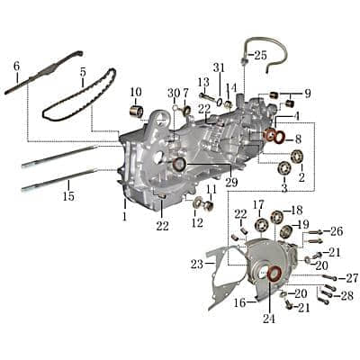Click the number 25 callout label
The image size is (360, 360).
coord(260,55)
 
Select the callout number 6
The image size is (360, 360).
coord(16,66)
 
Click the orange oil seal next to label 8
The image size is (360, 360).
coord(271,136)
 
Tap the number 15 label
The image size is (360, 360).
coord(67,195)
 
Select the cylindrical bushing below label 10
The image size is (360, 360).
coord(138,112)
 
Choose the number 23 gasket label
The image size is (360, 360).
coord(196,265)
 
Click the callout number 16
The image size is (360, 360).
coord(239,303)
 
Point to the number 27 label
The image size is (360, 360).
coord(352,277)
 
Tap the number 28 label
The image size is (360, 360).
coord(346,295)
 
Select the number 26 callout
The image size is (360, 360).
coord(337,231)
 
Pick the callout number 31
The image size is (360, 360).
coord(219,68)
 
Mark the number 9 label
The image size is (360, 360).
coord(306,93)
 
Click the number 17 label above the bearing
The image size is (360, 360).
coord(258,204)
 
